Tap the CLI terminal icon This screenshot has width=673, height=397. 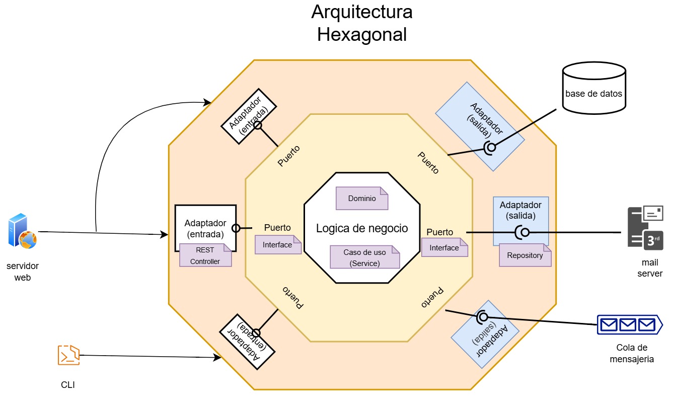[68, 355]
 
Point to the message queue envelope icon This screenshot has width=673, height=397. [628, 325]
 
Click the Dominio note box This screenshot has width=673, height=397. [362, 198]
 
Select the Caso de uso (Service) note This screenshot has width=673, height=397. [364, 257]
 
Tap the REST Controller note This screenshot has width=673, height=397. [206, 255]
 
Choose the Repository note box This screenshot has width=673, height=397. [525, 255]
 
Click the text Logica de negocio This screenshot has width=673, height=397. [362, 228]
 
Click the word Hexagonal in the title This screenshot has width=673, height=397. [362, 35]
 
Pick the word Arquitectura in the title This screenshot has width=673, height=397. [362, 12]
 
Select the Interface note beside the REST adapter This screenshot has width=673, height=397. [278, 245]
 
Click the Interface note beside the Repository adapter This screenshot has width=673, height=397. [444, 248]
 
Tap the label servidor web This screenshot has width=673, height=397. [23, 272]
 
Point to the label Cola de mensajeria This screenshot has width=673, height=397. [632, 353]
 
